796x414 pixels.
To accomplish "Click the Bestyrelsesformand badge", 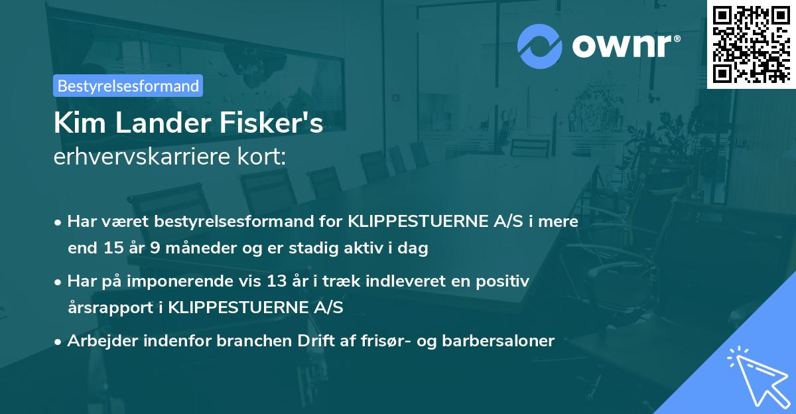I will point(127,86).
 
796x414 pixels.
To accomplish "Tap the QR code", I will point(751,44).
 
